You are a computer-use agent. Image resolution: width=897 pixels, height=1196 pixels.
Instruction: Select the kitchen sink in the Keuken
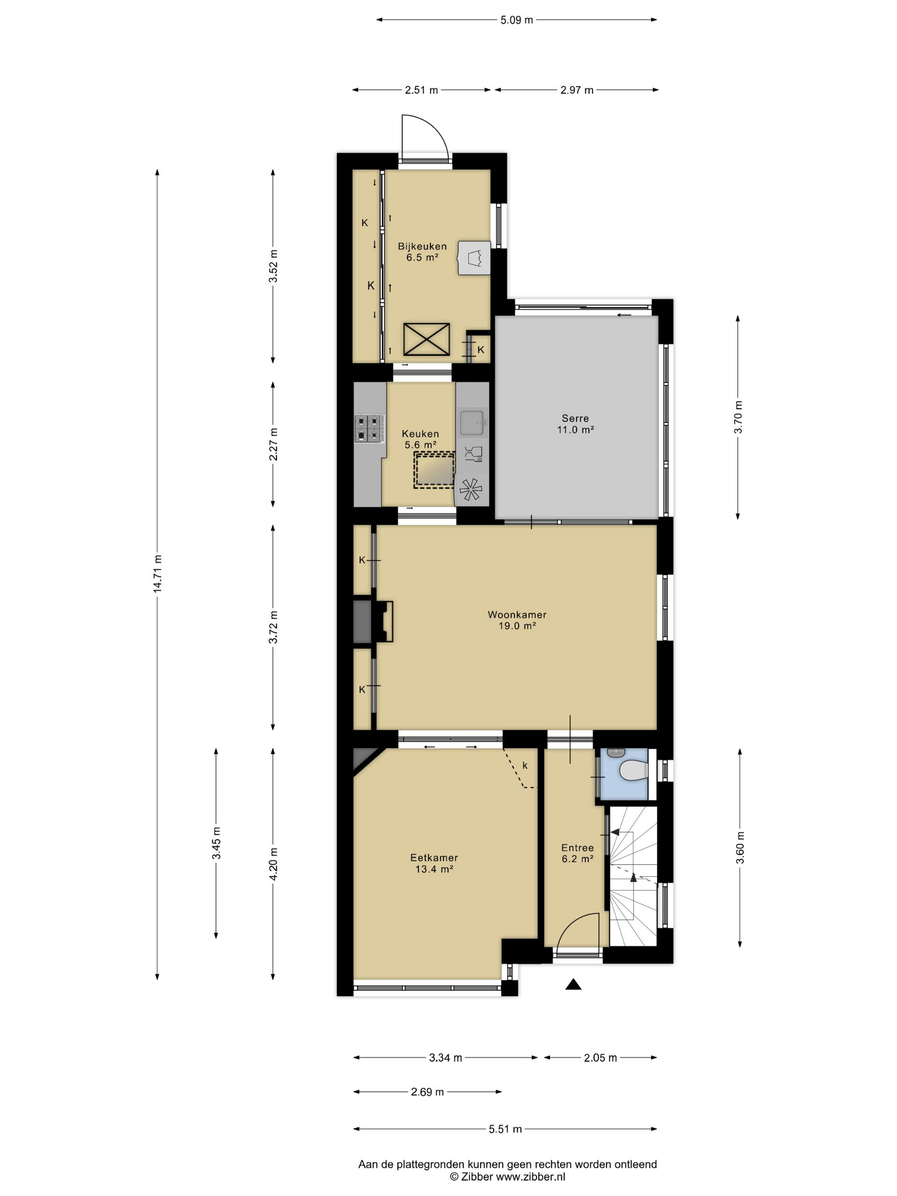tap(472, 423)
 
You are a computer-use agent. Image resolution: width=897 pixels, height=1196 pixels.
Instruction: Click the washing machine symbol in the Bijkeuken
tap(474, 258)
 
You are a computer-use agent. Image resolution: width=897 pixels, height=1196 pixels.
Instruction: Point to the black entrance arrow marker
tap(573, 984)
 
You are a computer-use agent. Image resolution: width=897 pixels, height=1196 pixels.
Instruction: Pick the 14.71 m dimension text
tap(157, 574)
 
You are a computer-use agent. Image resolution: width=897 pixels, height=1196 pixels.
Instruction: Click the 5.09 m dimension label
tap(516, 20)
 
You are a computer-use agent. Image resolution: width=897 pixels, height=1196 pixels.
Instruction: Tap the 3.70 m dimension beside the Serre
tap(739, 417)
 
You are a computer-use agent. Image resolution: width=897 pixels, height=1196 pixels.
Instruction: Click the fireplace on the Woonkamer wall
tap(373, 621)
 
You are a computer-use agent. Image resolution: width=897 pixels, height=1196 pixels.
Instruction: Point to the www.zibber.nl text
tap(531, 1176)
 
